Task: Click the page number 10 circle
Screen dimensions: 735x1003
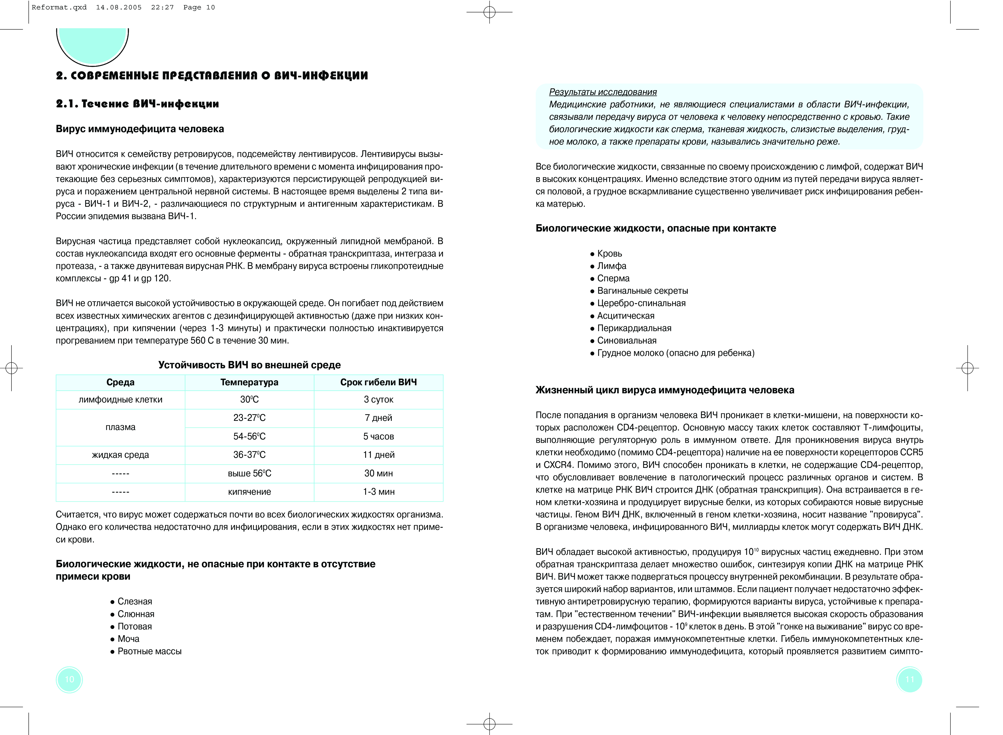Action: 69,679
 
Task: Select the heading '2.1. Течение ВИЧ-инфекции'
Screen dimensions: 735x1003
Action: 137,104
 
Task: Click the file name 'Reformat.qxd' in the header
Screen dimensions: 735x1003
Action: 59,8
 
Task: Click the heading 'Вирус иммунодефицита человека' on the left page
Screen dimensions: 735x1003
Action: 140,129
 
